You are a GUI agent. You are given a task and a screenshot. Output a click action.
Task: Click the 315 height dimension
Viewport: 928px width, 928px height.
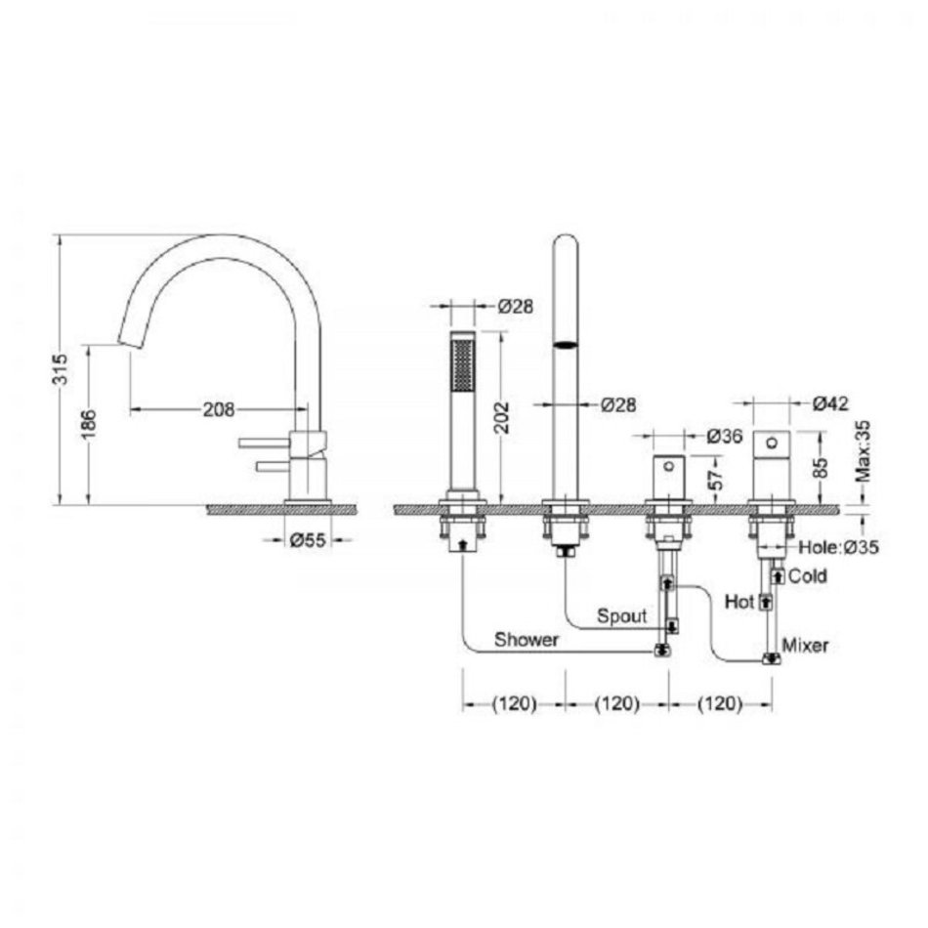pyautogui.click(x=61, y=369)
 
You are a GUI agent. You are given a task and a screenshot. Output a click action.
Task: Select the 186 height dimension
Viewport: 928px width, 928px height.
pyautogui.click(x=88, y=424)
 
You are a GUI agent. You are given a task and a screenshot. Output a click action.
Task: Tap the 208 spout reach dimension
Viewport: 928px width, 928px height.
pyautogui.click(x=219, y=409)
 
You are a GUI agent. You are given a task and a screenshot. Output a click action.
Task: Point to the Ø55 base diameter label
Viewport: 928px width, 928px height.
pyautogui.click(x=308, y=540)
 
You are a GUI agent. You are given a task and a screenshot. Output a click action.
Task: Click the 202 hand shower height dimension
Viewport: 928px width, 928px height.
pyautogui.click(x=502, y=418)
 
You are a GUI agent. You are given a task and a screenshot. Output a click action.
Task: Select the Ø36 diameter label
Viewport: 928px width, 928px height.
pyautogui.click(x=725, y=437)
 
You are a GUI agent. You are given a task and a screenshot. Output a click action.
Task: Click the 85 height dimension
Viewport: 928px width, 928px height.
pyautogui.click(x=821, y=468)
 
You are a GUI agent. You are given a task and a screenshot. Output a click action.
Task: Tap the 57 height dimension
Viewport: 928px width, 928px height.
pyautogui.click(x=717, y=479)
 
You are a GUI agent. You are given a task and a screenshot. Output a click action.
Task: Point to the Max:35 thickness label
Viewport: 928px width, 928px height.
pyautogui.click(x=864, y=450)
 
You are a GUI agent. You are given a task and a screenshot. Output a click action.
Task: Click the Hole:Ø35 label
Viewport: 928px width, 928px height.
pyautogui.click(x=839, y=547)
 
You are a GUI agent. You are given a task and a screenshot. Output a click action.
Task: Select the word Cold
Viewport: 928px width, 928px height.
pyautogui.click(x=808, y=576)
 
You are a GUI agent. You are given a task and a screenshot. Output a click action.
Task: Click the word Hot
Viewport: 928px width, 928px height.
pyautogui.click(x=739, y=603)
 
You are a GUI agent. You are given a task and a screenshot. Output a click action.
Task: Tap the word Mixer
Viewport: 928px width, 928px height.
pyautogui.click(x=806, y=645)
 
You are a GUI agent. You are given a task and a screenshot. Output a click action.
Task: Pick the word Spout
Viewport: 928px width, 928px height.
pyautogui.click(x=622, y=616)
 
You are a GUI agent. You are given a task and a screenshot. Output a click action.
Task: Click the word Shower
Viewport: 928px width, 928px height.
pyautogui.click(x=527, y=640)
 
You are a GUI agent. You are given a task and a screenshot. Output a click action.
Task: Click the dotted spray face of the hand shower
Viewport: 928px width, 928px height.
pyautogui.click(x=463, y=364)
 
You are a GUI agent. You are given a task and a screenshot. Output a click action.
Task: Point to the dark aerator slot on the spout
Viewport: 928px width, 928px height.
pyautogui.click(x=566, y=345)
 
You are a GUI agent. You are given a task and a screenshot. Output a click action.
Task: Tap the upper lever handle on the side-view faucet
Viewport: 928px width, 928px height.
pyautogui.click(x=265, y=443)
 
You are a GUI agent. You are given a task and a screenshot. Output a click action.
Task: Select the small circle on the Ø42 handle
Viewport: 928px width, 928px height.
pyautogui.click(x=772, y=443)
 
